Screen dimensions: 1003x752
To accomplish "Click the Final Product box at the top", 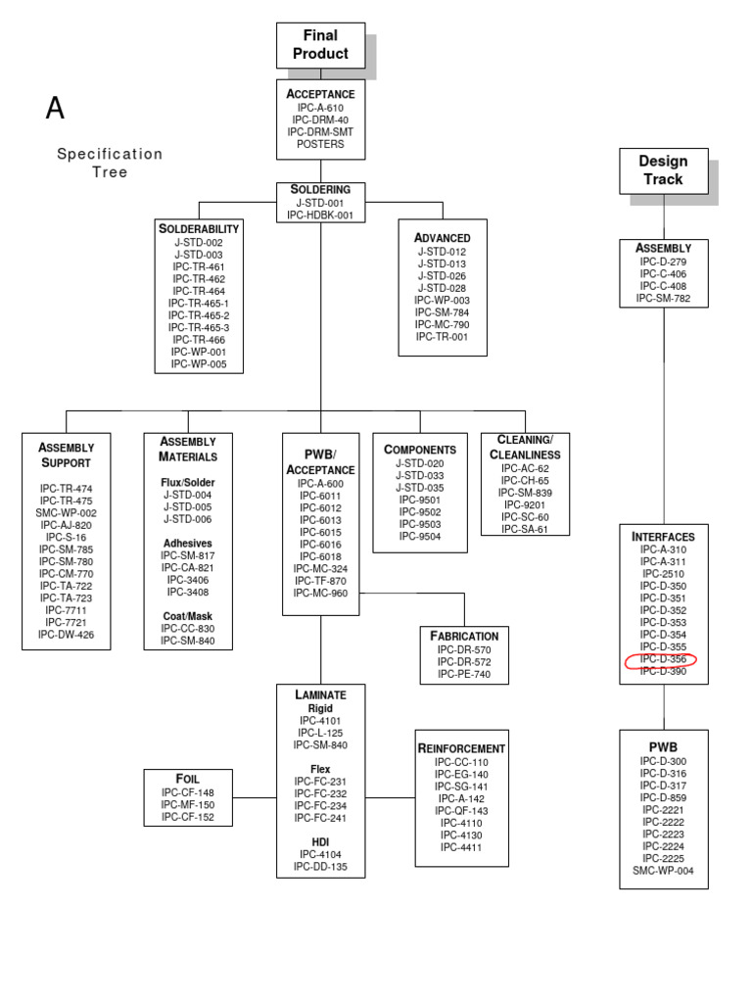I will coord(320,45).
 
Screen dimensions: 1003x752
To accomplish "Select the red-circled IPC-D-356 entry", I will coord(663,659).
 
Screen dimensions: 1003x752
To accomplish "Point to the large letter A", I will coord(56,109).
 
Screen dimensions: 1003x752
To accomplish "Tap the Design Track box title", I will coord(663,170).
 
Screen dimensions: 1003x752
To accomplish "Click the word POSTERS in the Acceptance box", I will coord(320,144).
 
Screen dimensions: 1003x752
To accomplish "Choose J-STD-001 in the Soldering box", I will coord(320,203).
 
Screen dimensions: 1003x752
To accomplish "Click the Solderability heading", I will coord(199,228).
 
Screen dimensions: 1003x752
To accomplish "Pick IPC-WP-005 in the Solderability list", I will coord(199,363).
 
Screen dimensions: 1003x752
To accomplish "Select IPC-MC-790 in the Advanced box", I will coord(442,324).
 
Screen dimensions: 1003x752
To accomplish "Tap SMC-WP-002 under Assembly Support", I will coord(66,512).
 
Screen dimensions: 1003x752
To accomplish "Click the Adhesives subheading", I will coord(188,543).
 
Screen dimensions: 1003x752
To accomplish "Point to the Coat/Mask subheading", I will coord(188,616).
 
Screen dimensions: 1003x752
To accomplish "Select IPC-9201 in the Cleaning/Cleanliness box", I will coord(525,505).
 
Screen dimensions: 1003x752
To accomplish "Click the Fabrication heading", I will coord(464,636).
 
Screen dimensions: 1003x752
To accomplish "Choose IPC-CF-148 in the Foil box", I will coord(188,792).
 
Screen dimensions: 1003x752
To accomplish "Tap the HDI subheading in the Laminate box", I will coord(320,841).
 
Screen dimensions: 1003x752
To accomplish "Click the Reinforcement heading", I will coord(461,748).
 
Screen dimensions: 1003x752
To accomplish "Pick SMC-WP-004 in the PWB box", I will coord(663,870).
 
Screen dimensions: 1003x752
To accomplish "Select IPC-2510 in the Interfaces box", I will coord(663,574).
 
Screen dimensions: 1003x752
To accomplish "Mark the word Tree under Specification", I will coord(110,172).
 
